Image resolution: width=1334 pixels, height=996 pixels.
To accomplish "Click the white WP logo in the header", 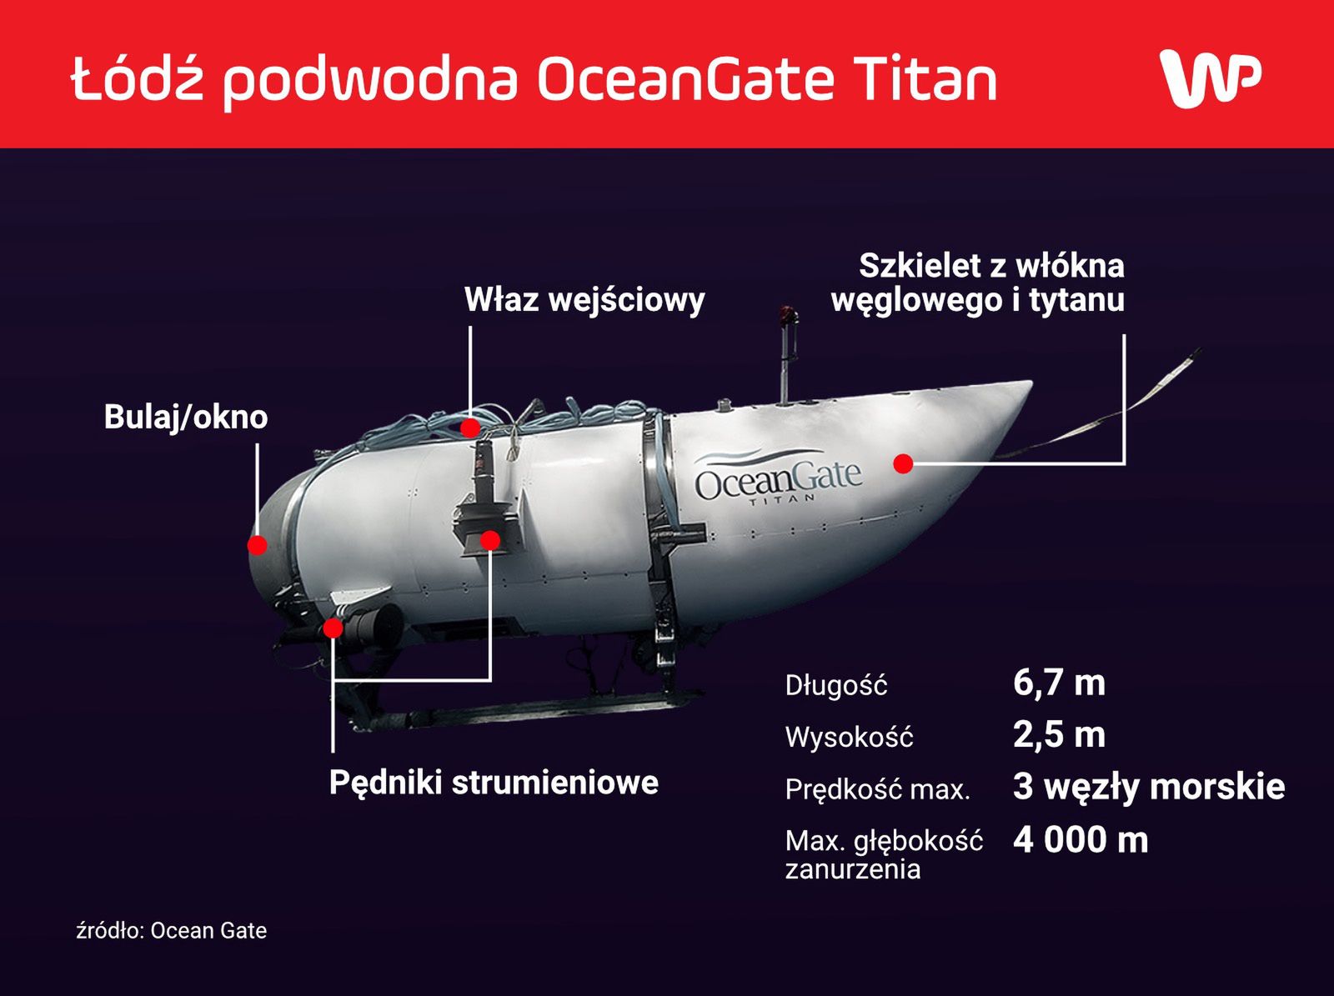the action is [1211, 79].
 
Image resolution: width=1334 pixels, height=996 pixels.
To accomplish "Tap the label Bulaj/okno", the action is [186, 418].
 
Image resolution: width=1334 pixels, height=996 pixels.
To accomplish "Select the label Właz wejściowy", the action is [584, 300].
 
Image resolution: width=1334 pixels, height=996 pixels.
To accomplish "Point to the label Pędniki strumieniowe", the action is [494, 783].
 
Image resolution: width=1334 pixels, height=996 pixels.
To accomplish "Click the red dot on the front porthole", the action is [258, 545].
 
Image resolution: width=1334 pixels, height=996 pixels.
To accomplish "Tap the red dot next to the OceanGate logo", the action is [903, 464].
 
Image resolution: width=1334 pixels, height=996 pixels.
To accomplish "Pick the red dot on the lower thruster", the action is [333, 628].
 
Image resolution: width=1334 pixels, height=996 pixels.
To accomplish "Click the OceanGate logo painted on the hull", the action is [779, 478].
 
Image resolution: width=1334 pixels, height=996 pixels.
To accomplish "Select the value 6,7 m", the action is [1060, 683].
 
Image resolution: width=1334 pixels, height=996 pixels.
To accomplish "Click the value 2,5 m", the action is [1060, 735].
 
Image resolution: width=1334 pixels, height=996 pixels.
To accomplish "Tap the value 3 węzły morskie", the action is [1149, 788].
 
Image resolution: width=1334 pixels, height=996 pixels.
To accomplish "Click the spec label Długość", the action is [836, 686].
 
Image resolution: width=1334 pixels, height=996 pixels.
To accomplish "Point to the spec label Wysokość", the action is [850, 738].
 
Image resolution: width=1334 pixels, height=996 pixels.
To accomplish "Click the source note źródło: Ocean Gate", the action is [172, 931].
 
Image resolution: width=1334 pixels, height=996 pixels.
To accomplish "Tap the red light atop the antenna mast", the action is [789, 314].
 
